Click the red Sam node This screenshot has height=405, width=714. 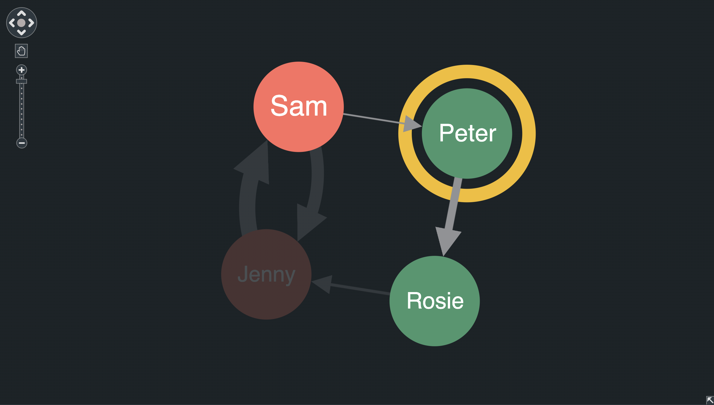(298, 107)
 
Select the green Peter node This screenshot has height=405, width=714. (467, 133)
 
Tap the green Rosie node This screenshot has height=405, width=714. (435, 301)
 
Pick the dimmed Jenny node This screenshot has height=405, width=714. (266, 274)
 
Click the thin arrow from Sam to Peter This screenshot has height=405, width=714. (374, 119)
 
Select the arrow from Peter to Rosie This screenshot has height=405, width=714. (452, 207)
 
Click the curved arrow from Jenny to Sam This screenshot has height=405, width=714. (247, 204)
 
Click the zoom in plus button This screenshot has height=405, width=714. (22, 70)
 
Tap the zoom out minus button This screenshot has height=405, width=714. (22, 143)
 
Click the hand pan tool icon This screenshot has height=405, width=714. (21, 51)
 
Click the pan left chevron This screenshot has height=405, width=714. (12, 23)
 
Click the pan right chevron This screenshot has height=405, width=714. (31, 23)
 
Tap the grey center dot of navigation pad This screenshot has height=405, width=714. (21, 23)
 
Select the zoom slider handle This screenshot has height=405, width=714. (22, 81)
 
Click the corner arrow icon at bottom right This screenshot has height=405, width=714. (710, 400)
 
